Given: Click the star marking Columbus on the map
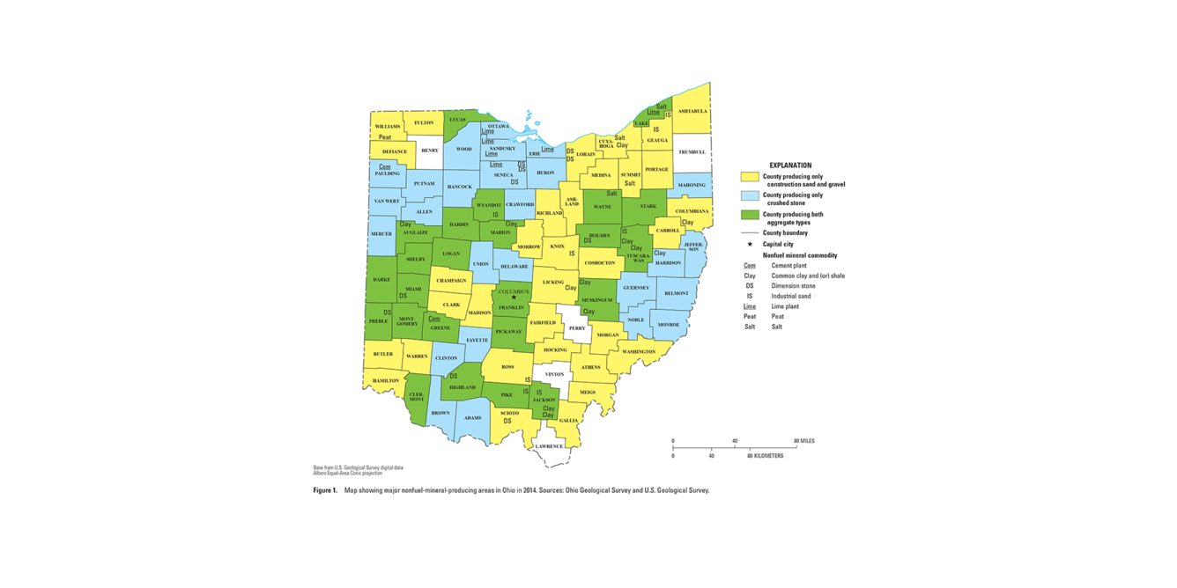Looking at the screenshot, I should (x=514, y=298).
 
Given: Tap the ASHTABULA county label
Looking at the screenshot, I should (x=692, y=112).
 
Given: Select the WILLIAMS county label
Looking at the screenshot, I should (x=388, y=127).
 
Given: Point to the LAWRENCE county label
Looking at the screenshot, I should (x=549, y=446).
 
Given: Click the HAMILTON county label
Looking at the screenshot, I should (x=385, y=380).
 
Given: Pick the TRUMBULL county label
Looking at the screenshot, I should (x=692, y=152).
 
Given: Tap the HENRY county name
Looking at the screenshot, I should (x=429, y=151).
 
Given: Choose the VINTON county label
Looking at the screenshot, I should (x=554, y=374).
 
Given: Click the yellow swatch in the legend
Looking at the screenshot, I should (x=750, y=177).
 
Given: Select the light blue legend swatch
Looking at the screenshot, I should (x=750, y=195).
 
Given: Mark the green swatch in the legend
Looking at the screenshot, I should (x=750, y=215).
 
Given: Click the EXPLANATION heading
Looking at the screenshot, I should (x=790, y=165).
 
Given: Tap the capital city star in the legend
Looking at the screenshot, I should (x=750, y=244).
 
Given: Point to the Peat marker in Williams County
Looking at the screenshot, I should (x=385, y=137).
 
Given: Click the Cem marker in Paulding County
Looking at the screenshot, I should (x=385, y=166).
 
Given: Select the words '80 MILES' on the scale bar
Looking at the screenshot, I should (x=803, y=441).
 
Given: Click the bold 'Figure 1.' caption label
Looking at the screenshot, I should (x=325, y=490).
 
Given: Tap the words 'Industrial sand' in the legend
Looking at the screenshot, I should (x=790, y=296).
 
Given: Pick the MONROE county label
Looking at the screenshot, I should (x=669, y=325).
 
